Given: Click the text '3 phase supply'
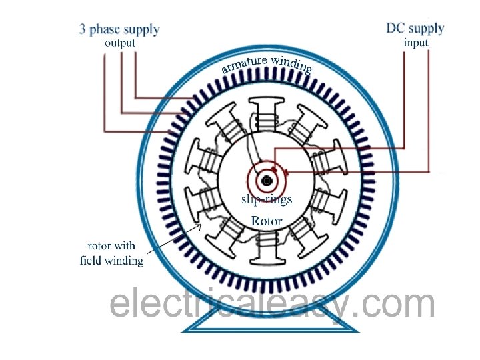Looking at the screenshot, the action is tap(119, 29).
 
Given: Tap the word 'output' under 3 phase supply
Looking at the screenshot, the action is tap(119, 43).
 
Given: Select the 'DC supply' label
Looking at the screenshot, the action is tap(415, 29).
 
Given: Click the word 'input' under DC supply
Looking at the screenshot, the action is tap(416, 43).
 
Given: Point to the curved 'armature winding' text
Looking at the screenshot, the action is tap(267, 64).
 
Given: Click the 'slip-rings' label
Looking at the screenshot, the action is tap(266, 199).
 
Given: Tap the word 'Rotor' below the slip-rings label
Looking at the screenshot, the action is tap(267, 220).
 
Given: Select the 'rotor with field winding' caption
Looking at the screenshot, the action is tap(111, 253).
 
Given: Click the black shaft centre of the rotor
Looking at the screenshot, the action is tap(267, 181).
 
